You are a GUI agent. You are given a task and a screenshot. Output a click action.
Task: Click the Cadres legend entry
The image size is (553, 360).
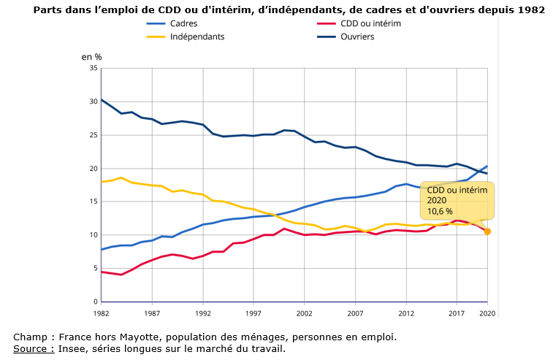183,23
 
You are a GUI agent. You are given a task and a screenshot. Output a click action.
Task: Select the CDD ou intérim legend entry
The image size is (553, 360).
371,23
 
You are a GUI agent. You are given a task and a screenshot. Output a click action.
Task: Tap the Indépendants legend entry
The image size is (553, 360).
197,37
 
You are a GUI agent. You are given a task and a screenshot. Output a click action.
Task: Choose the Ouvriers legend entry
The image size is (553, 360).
357,37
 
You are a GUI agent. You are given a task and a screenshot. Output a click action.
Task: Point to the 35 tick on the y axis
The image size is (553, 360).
93,68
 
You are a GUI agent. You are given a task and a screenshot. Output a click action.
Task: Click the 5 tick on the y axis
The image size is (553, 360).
95,269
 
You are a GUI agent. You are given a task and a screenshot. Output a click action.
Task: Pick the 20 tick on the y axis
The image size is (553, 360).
93,168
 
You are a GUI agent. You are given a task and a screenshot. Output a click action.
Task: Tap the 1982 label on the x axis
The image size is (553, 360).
101,313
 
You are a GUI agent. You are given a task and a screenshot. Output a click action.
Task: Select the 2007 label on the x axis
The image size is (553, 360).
356,313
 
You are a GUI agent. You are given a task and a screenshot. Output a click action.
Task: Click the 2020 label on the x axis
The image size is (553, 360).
487,313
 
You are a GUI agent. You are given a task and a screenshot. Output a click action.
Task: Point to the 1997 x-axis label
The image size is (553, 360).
253,313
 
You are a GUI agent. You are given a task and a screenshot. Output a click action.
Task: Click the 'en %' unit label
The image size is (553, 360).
91,56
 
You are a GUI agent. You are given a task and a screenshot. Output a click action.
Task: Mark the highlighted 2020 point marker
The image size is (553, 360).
487,231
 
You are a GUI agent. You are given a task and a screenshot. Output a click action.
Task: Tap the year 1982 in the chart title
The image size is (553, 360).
531,10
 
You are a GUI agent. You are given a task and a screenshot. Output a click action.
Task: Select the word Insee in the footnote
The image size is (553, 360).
71,348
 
